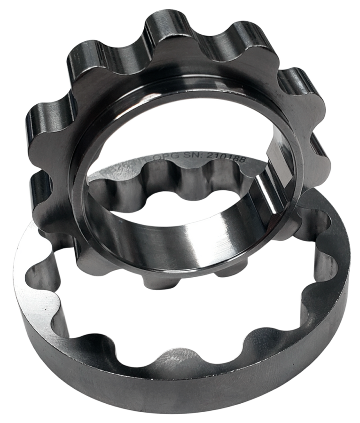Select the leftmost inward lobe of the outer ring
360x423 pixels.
pyautogui.click(x=38, y=273)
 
